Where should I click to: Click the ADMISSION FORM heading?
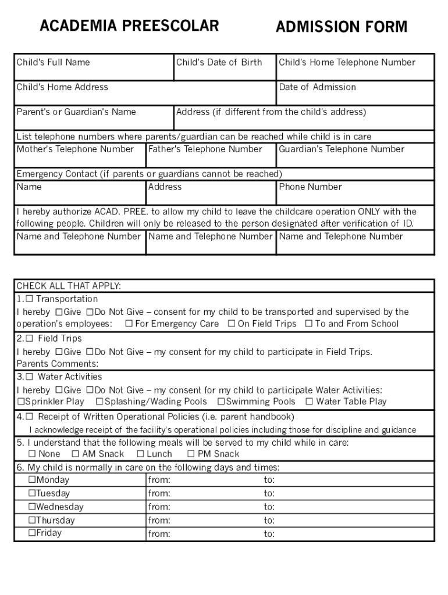pos(342,27)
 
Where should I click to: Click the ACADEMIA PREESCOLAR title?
pos(129,26)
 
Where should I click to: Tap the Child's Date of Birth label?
pos(219,62)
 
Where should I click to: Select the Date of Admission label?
pos(317,87)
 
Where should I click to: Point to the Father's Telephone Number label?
pos(205,149)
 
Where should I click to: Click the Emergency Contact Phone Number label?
pos(310,187)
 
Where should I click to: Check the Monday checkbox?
pos(32,480)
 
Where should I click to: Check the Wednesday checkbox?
pos(32,507)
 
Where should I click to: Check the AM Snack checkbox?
pos(75,454)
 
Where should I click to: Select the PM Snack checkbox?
pos(191,454)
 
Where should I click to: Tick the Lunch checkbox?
pos(140,454)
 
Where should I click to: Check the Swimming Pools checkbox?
pos(221,402)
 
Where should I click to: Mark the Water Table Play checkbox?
pos(310,402)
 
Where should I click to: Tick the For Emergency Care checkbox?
pos(129,324)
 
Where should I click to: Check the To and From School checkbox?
pos(309,324)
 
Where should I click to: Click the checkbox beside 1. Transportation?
pos(29,299)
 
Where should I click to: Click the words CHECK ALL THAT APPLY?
pos(69,286)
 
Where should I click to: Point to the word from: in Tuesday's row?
pos(159,494)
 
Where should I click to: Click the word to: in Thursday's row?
pos(269,521)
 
